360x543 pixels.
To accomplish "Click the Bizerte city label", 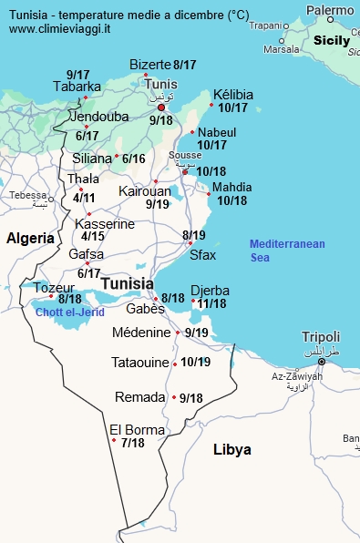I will pos(149,65).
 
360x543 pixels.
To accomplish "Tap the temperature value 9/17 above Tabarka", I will pos(77,75).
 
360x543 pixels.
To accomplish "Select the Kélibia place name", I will pos(233,95).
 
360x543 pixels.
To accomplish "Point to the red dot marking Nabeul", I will pos(192,133).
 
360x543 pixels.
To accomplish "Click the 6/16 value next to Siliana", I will pos(133,159).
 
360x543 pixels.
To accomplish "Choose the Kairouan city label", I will pos(144,191).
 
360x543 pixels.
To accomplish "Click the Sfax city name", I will pos(202,255).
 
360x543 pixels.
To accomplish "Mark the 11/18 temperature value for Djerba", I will pos(211,303).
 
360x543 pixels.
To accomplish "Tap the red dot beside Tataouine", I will pos(176,363).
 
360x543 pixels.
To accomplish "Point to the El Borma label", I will pos(137,430).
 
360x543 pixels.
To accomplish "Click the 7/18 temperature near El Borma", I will pos(132,443).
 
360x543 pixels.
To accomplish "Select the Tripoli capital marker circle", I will pos(321,362).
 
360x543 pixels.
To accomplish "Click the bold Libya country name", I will pos(231,450).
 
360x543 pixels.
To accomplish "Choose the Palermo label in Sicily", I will pos(330,10).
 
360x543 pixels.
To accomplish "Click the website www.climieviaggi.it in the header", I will pos(61,29).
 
